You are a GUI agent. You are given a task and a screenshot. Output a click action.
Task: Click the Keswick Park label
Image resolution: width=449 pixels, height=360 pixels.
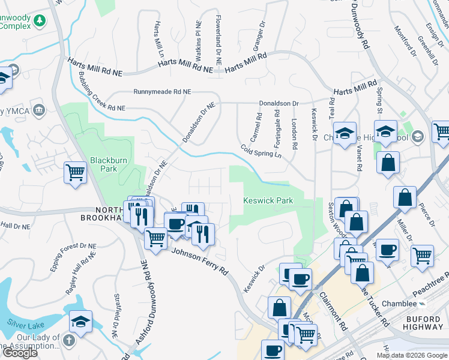pyautogui.click(x=268, y=200)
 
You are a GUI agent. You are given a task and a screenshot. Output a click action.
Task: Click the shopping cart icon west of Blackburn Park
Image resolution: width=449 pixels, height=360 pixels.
pyautogui.click(x=76, y=173)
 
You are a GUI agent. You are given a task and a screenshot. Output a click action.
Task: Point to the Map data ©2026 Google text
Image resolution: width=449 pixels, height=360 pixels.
pyautogui.click(x=412, y=355)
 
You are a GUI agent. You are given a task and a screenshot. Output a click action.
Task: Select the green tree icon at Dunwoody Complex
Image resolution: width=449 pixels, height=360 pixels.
pyautogui.click(x=40, y=22)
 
